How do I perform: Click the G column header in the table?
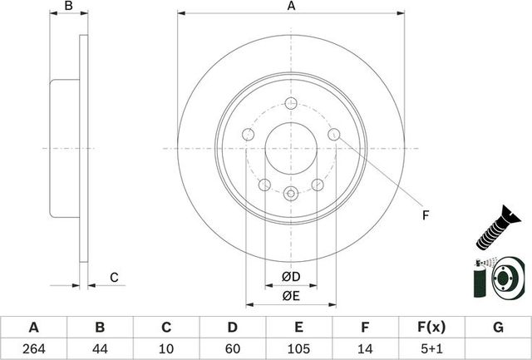tap(499, 327)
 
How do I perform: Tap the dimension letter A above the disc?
tap(292, 7)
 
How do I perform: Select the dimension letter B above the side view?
tap(70, 7)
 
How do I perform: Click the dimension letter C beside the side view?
tap(115, 277)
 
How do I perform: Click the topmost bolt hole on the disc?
tap(291, 103)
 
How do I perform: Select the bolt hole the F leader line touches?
tap(334, 135)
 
